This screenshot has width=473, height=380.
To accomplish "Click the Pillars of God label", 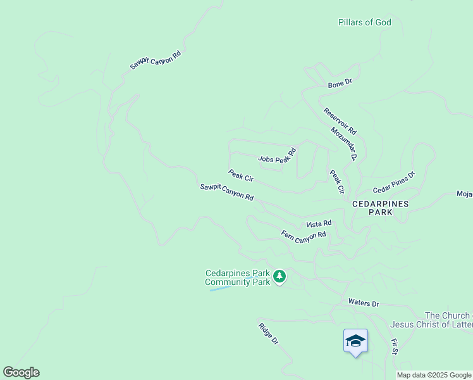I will (x=364, y=23).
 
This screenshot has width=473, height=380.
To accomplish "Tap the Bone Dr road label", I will (x=340, y=84).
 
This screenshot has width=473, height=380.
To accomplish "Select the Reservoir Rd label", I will (x=340, y=121).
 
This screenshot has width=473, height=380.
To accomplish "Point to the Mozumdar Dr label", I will (x=344, y=144).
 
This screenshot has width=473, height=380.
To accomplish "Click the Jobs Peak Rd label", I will (x=277, y=156).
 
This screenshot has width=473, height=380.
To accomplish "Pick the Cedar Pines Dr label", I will (x=393, y=182).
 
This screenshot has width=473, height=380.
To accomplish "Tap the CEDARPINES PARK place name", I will (x=381, y=208).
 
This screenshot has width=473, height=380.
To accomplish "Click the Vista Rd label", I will (x=319, y=224).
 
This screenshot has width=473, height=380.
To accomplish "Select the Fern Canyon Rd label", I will (x=304, y=235).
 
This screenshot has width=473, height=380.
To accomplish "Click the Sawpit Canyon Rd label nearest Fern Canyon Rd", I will (x=226, y=192).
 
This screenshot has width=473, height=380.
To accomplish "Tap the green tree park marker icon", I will (x=279, y=276).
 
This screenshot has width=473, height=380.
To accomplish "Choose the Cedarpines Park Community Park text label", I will (x=238, y=277).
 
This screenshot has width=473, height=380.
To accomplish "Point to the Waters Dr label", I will (x=363, y=304).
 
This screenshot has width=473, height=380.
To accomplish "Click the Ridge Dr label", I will (x=268, y=334).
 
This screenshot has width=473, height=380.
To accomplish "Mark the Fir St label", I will (x=395, y=346).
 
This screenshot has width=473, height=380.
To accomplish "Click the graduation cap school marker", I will (x=355, y=341).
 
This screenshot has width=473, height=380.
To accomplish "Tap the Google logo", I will (x=21, y=372).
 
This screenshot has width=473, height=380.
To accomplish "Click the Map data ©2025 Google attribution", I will (x=434, y=375).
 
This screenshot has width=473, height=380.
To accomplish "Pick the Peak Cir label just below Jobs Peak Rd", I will (x=240, y=175).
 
